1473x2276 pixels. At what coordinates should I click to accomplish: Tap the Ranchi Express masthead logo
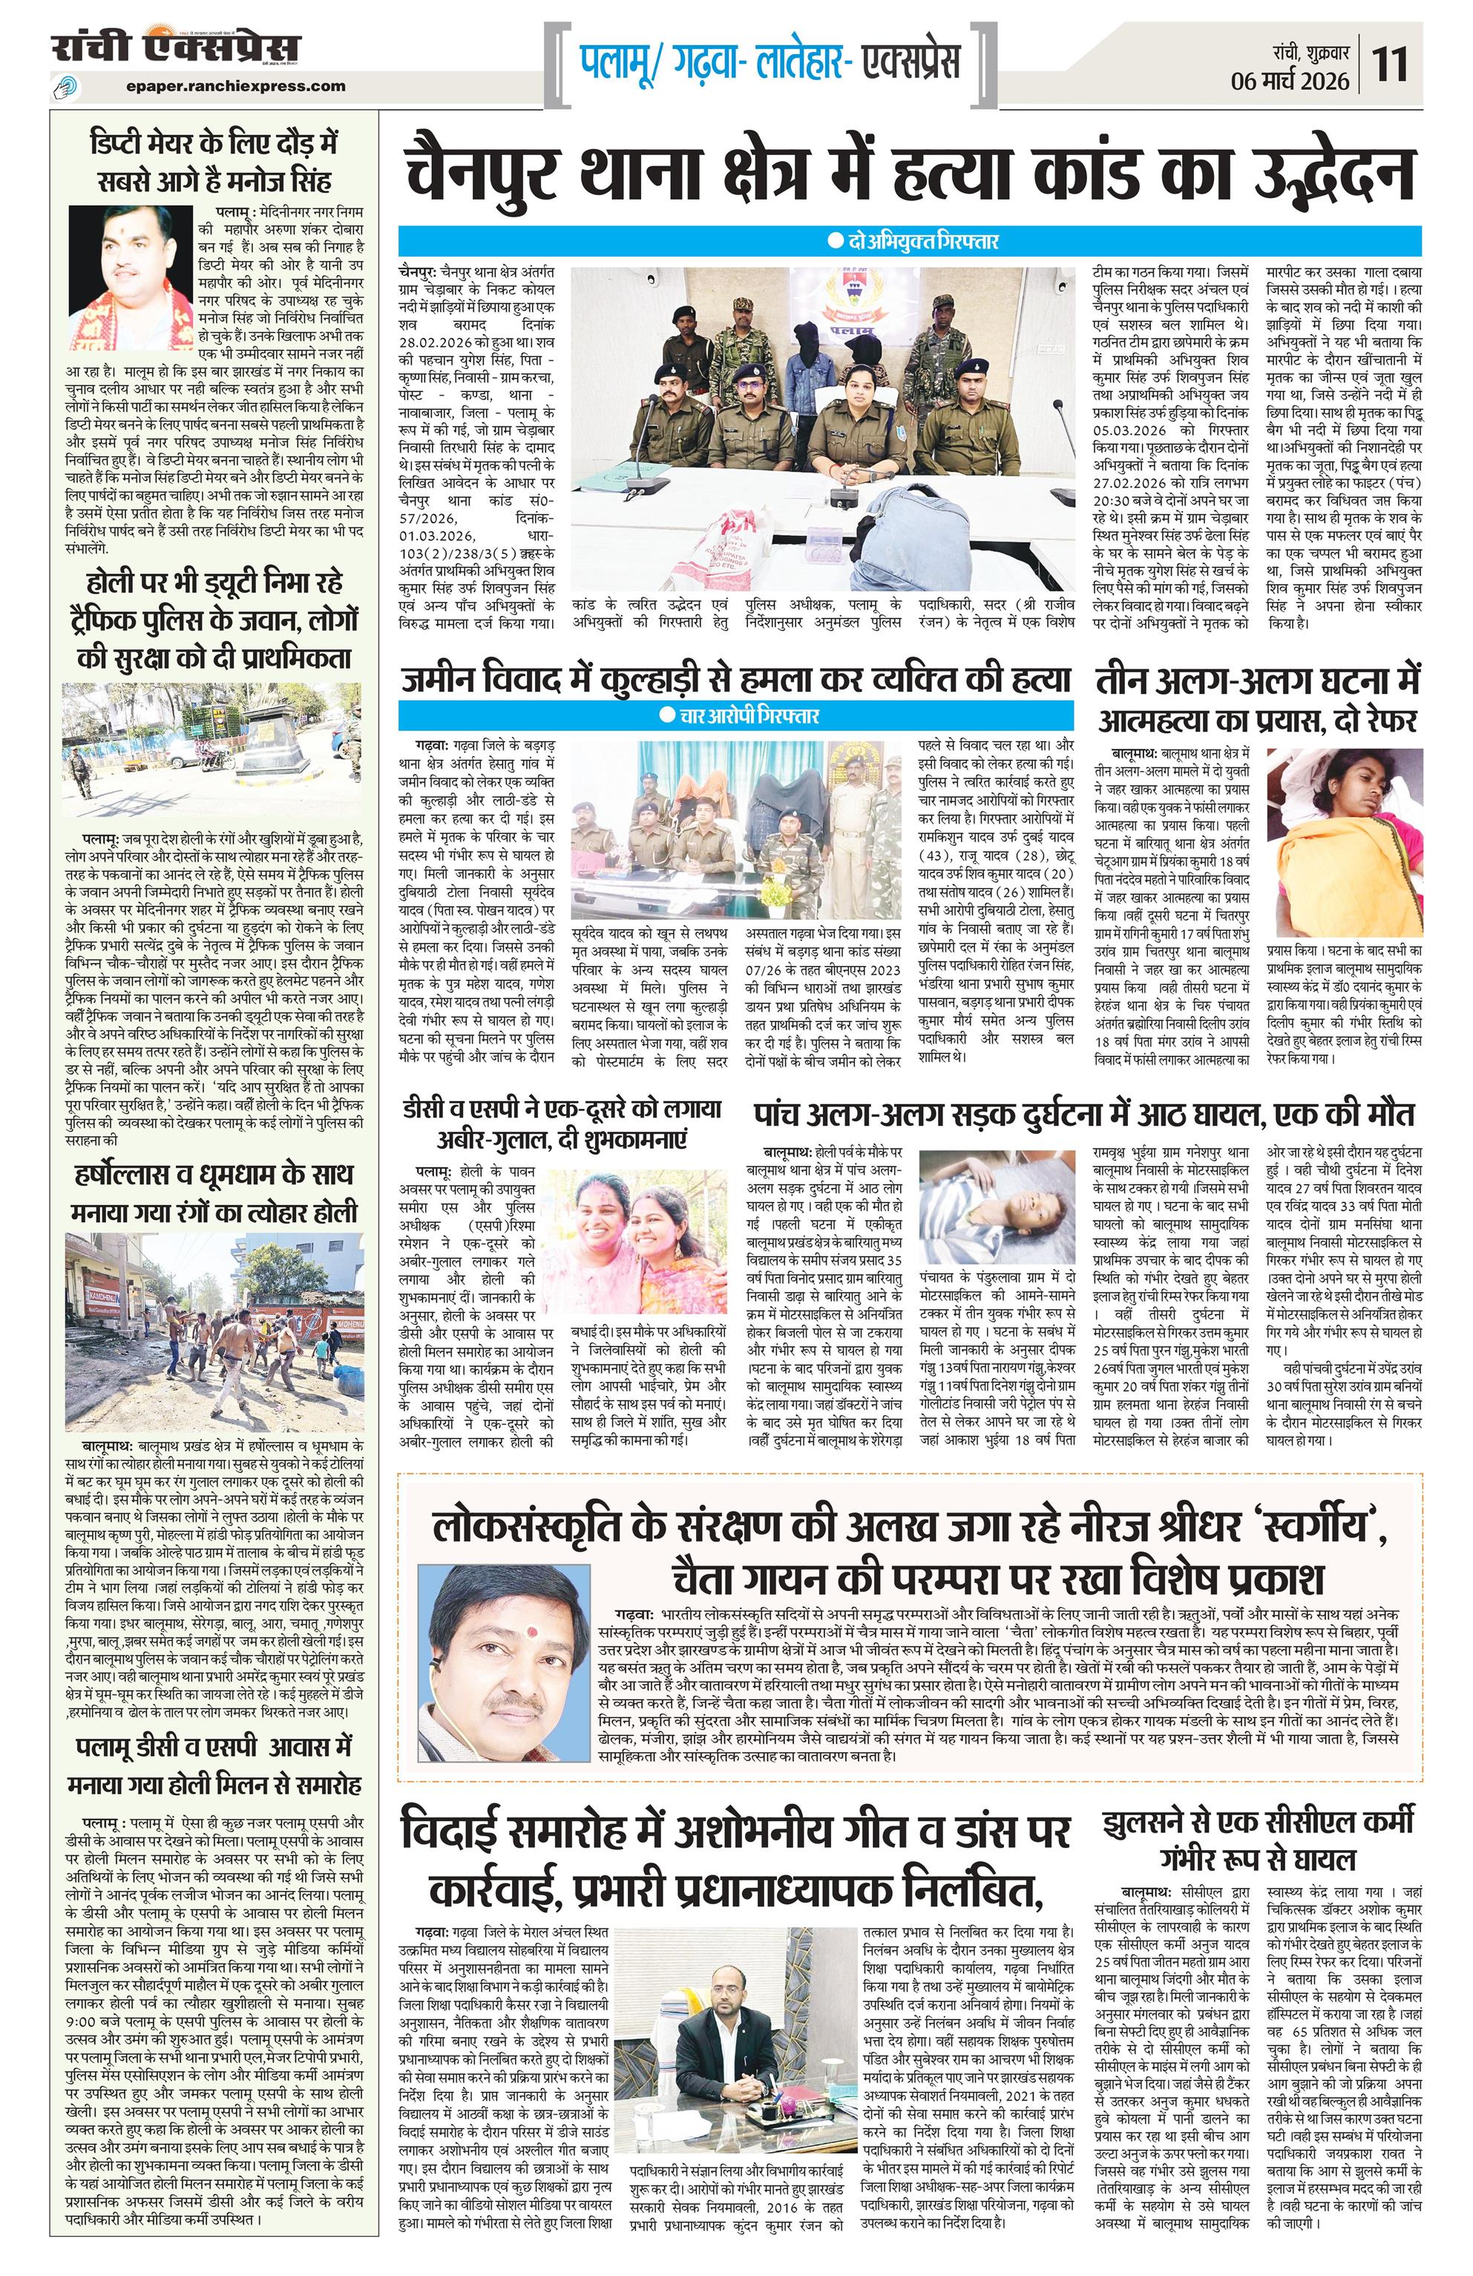pyautogui.click(x=176, y=47)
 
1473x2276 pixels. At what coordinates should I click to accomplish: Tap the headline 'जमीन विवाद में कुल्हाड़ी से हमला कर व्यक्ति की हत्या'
pyautogui.click(x=736, y=679)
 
